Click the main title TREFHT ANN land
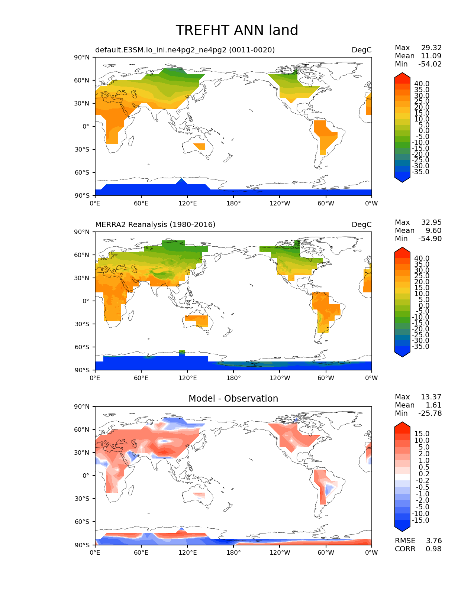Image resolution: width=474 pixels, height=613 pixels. tap(237, 30)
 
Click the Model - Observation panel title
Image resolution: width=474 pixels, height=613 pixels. tap(233, 399)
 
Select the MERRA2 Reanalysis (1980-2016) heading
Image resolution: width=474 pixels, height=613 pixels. tap(155, 225)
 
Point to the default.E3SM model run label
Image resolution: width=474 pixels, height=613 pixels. tap(185, 50)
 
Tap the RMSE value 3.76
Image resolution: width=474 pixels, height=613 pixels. tap(433, 541)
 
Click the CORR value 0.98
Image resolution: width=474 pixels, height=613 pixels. tap(433, 549)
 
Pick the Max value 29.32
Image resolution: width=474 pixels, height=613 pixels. tap(431, 48)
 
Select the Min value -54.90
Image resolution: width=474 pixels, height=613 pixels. tap(430, 239)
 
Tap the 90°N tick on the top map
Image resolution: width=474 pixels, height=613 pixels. tap(82, 58)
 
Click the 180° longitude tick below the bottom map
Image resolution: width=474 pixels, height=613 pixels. tap(233, 553)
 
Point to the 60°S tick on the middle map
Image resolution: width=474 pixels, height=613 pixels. tap(82, 347)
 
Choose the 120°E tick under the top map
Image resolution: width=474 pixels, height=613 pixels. tap(187, 204)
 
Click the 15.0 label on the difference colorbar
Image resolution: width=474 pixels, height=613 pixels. tap(422, 434)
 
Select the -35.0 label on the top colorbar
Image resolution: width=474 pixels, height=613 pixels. tap(420, 172)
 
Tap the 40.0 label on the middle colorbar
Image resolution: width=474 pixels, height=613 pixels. tap(422, 259)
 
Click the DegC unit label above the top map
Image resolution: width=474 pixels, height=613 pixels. tap(361, 50)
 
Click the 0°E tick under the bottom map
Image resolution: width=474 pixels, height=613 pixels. tap(95, 553)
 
